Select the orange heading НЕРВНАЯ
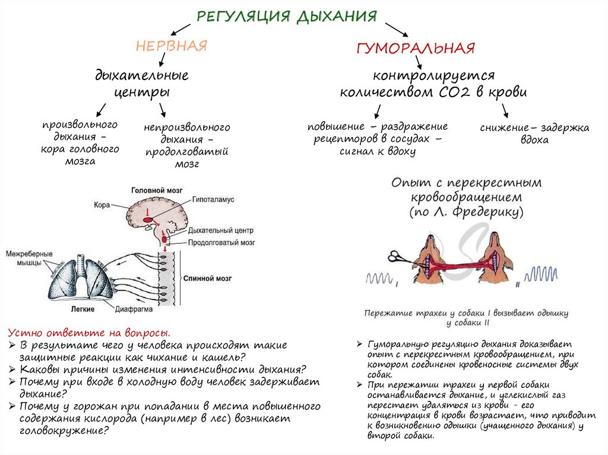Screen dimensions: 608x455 (171, 47)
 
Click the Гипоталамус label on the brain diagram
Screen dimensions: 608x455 (212, 201)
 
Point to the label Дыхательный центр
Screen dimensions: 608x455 (220, 231)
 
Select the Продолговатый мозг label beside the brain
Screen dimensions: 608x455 (221, 243)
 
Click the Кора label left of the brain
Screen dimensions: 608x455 (102, 205)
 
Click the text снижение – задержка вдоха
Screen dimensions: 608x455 (534, 133)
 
